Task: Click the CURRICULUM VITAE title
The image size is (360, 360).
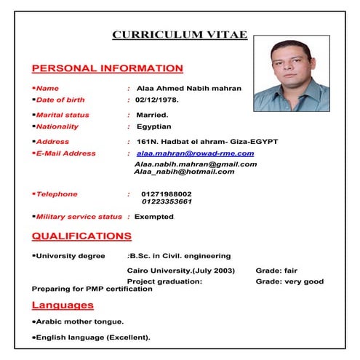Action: [x=180, y=34]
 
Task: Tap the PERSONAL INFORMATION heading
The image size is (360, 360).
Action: [x=108, y=68]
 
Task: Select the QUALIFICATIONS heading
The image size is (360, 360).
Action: [x=82, y=236]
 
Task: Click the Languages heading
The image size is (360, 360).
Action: [x=63, y=305]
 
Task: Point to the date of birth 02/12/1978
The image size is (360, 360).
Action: [x=156, y=100]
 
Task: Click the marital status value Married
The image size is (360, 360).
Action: [x=152, y=115]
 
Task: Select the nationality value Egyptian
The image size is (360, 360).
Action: [x=153, y=127]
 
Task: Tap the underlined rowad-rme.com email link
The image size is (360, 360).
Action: [x=195, y=153]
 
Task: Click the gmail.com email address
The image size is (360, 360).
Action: [x=196, y=164]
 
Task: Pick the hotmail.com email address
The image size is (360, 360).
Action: [x=184, y=172]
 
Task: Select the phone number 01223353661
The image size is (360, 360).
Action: [x=167, y=202]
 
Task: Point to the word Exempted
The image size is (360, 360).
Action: [x=154, y=217]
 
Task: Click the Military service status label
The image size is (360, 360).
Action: [x=79, y=217]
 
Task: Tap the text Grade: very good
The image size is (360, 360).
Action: [x=289, y=281]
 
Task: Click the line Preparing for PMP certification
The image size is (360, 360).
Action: [x=92, y=289]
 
